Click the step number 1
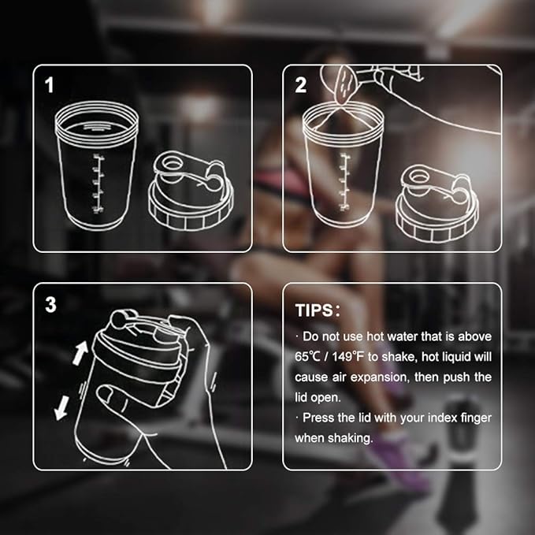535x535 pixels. pos(50,85)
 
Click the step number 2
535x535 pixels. pos(300,85)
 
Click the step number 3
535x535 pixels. pos(50,305)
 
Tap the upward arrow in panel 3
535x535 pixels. pos(80,352)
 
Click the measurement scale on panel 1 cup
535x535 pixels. pos(98,184)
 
